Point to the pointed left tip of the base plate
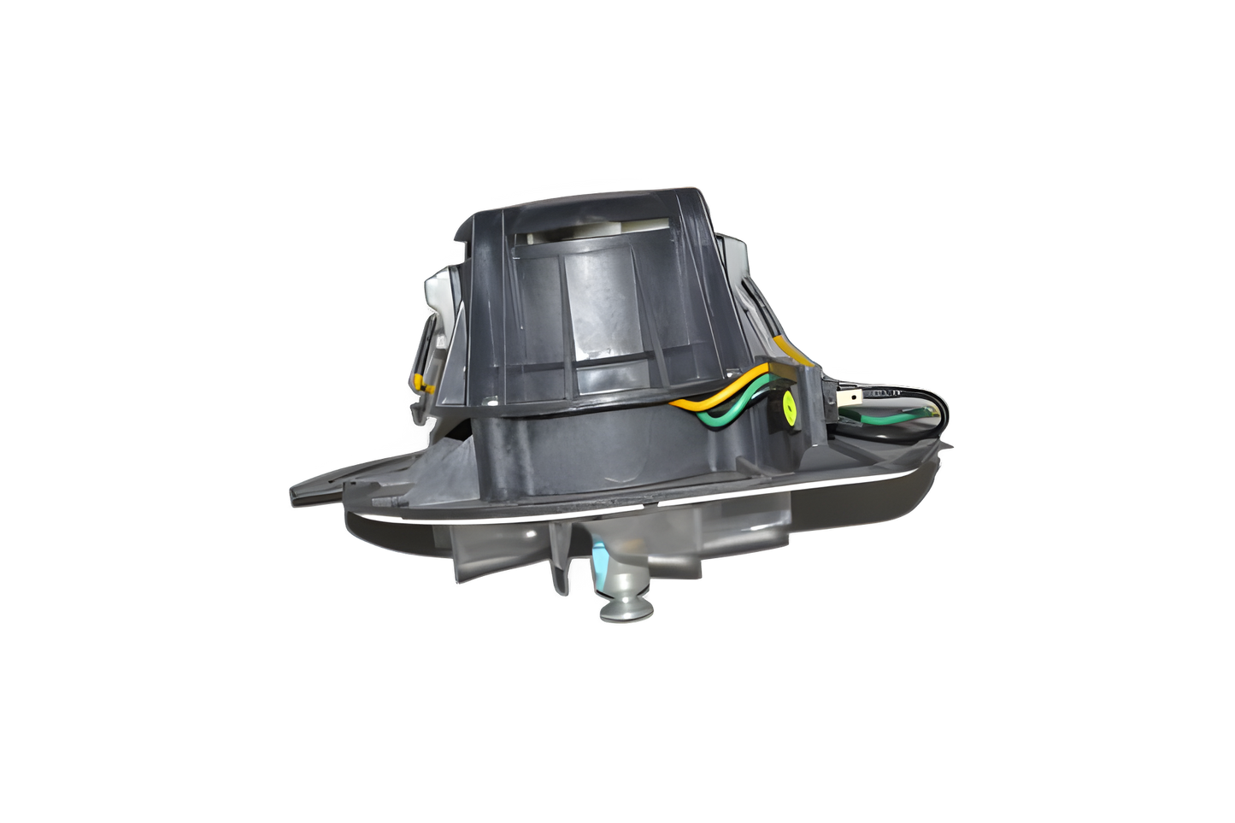[x=295, y=493]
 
